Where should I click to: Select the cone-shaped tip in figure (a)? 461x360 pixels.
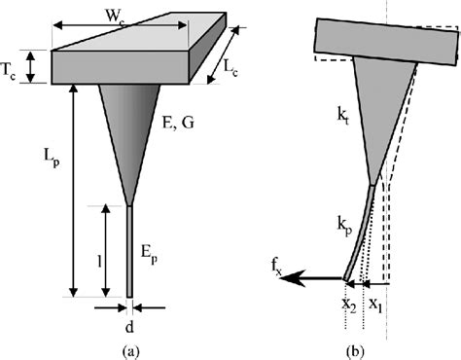(129, 126)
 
